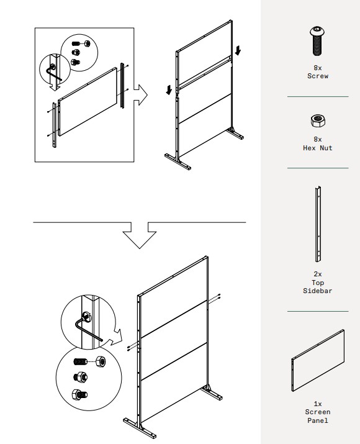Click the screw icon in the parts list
pos(318,41)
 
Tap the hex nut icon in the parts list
pos(318,121)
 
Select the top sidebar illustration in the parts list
pos(318,224)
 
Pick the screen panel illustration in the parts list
pos(318,360)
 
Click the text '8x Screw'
pos(318,72)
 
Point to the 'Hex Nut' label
pos(318,148)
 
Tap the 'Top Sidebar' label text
pos(318,286)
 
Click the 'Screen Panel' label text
pos(318,416)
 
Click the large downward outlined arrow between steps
pos(140,235)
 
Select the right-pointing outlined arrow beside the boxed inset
pos(140,95)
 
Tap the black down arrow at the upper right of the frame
pos(238,50)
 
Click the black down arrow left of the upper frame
pos(169,90)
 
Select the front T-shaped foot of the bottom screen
pos(140,428)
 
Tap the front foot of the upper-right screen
pos(178,162)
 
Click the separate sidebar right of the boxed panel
pos(122,85)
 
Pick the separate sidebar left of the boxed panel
pos(55,125)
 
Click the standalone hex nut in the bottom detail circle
pos(101,361)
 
